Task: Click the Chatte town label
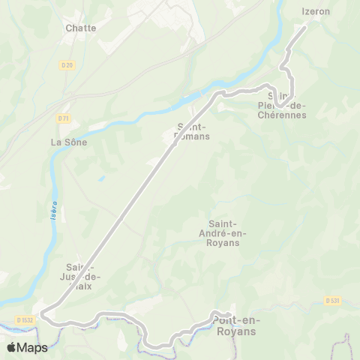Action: pyautogui.click(x=81, y=28)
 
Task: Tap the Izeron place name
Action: pyautogui.click(x=316, y=11)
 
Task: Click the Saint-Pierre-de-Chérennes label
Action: pyautogui.click(x=282, y=105)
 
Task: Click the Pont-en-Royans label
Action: pyautogui.click(x=235, y=325)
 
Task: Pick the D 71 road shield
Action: pyautogui.click(x=63, y=118)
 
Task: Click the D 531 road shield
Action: pyautogui.click(x=333, y=301)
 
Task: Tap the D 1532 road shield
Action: pyautogui.click(x=25, y=320)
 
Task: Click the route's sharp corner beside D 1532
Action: pyautogui.click(x=42, y=313)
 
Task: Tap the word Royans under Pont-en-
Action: pyautogui.click(x=235, y=331)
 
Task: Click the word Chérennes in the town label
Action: pyautogui.click(x=282, y=115)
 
